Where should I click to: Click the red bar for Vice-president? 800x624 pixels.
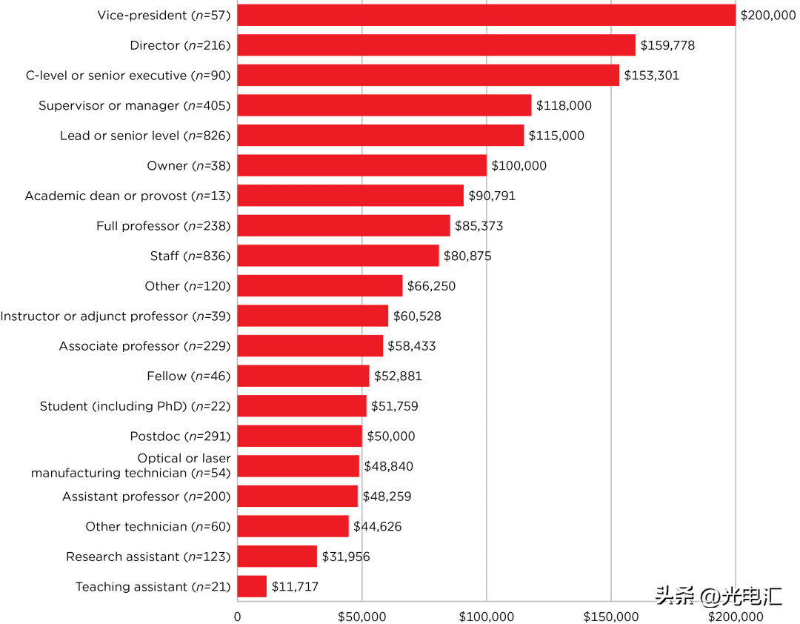[x=486, y=15]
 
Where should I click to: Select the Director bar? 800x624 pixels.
[x=436, y=45]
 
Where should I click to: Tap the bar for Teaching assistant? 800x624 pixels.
[x=252, y=587]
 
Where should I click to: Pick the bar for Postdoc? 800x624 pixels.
[x=299, y=437]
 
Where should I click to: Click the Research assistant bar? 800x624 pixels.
[x=277, y=557]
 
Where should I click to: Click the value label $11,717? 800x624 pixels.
[x=295, y=587]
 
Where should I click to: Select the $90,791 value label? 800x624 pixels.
[x=492, y=196]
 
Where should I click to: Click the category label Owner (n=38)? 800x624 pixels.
[x=189, y=166]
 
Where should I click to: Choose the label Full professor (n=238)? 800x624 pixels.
[x=164, y=226]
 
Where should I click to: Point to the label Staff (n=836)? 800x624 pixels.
[x=190, y=256]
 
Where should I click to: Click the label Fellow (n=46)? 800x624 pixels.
[x=189, y=376]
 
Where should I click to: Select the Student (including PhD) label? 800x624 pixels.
[x=136, y=406]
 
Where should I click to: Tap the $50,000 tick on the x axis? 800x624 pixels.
[x=361, y=617]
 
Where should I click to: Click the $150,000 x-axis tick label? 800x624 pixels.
[x=610, y=617]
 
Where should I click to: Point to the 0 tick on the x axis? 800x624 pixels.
[x=237, y=617]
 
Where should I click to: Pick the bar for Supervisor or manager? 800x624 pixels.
[x=384, y=105]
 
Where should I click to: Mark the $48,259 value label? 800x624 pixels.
[x=387, y=497]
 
